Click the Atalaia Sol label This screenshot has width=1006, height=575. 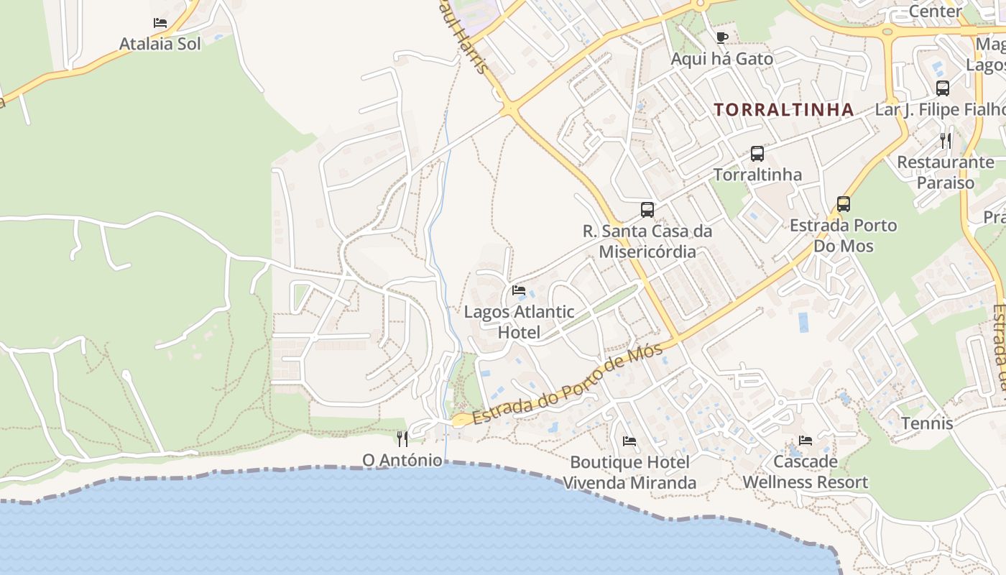(160, 43)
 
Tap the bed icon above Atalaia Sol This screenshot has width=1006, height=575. (160, 23)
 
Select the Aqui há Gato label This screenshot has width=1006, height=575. (721, 59)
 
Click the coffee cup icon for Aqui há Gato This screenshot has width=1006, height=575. (722, 37)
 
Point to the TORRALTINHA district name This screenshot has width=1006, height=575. (784, 110)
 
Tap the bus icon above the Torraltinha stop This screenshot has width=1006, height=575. (757, 153)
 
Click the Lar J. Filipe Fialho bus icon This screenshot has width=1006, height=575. (942, 88)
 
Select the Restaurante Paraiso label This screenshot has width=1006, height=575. (945, 172)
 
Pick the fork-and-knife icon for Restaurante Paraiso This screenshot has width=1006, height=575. (946, 141)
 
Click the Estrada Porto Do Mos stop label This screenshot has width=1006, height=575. (843, 236)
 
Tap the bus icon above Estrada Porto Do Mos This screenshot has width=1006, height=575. (844, 204)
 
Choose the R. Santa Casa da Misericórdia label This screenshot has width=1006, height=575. (647, 241)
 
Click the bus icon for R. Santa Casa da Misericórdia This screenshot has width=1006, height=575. (647, 210)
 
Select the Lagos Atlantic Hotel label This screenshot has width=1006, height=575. (519, 322)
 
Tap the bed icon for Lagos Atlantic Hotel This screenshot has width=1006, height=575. (519, 290)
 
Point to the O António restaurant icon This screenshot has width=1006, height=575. (402, 438)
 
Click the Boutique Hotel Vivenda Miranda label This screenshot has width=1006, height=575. (629, 472)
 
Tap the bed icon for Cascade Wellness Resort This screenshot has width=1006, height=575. (806, 440)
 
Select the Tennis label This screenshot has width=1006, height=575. (927, 423)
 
